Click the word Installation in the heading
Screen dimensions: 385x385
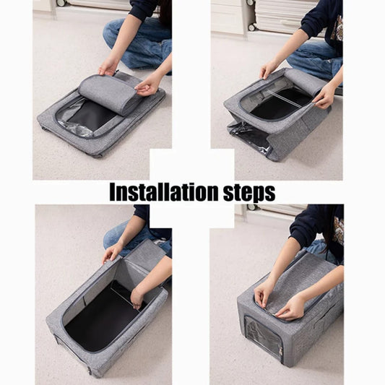[x=163, y=192]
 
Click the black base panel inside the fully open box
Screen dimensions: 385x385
[x=101, y=318]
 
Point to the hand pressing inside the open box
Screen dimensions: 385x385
[x=137, y=296]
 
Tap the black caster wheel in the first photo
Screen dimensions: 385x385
[x=60, y=4]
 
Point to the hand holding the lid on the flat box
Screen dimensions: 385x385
[x=149, y=85]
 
